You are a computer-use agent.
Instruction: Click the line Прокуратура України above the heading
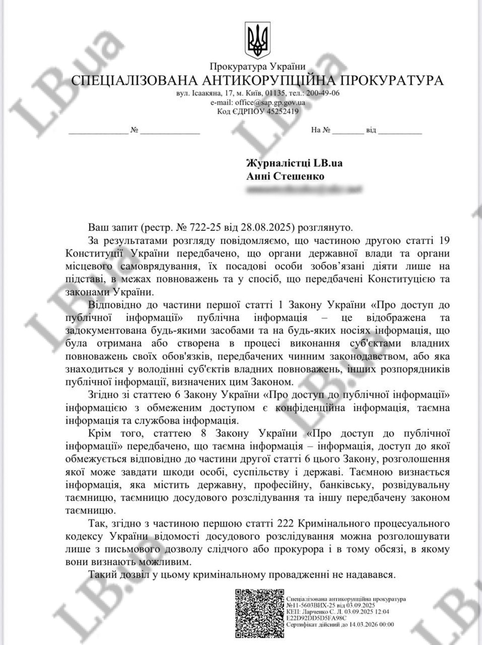(x=257, y=66)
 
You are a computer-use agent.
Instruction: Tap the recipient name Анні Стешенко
(x=284, y=176)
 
